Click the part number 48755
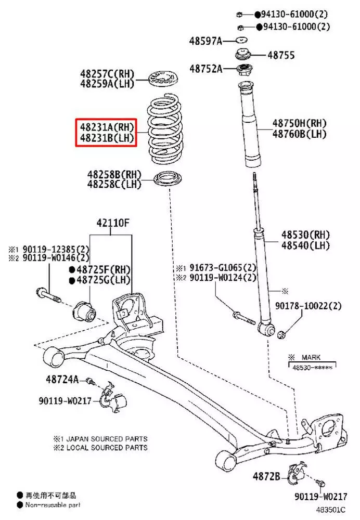coord(281,54)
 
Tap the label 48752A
coord(205,68)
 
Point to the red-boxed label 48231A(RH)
coord(107,126)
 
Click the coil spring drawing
coord(164,129)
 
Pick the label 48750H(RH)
coord(299,124)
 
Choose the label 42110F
coord(112,224)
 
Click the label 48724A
coord(60,380)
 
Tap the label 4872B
coord(267,476)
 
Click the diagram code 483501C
coord(332,511)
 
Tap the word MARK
coord(311,357)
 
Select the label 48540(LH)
coord(306,245)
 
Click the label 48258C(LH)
coord(114,184)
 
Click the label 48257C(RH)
coord(107,73)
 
